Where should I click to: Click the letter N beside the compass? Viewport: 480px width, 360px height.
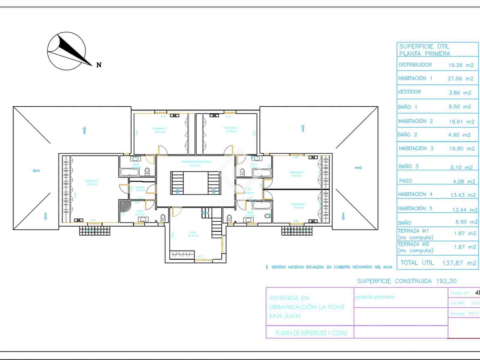click(99, 65)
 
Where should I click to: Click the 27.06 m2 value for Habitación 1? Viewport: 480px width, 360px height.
click(460, 79)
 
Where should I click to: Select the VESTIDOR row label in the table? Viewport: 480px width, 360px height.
click(409, 92)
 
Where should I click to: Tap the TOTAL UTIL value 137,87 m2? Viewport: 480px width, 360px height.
click(459, 263)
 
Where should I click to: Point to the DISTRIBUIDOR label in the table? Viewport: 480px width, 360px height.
click(415, 65)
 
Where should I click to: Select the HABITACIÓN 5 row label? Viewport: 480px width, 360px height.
click(415, 208)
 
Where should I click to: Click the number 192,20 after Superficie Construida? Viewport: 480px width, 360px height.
click(444, 281)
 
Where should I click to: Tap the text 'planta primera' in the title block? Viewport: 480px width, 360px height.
click(375, 297)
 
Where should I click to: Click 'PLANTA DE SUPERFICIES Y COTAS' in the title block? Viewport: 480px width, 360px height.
click(311, 333)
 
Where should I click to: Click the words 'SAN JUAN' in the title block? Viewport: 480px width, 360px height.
click(284, 316)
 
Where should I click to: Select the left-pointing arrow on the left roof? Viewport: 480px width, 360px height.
click(36, 171)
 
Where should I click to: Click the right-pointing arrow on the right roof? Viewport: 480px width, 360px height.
click(358, 168)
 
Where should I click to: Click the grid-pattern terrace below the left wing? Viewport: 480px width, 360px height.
click(95, 230)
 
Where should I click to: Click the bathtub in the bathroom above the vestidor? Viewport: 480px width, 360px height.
click(130, 172)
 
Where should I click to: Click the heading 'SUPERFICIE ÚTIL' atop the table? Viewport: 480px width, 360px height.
click(424, 46)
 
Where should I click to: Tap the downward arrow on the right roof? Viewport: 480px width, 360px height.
click(343, 216)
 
